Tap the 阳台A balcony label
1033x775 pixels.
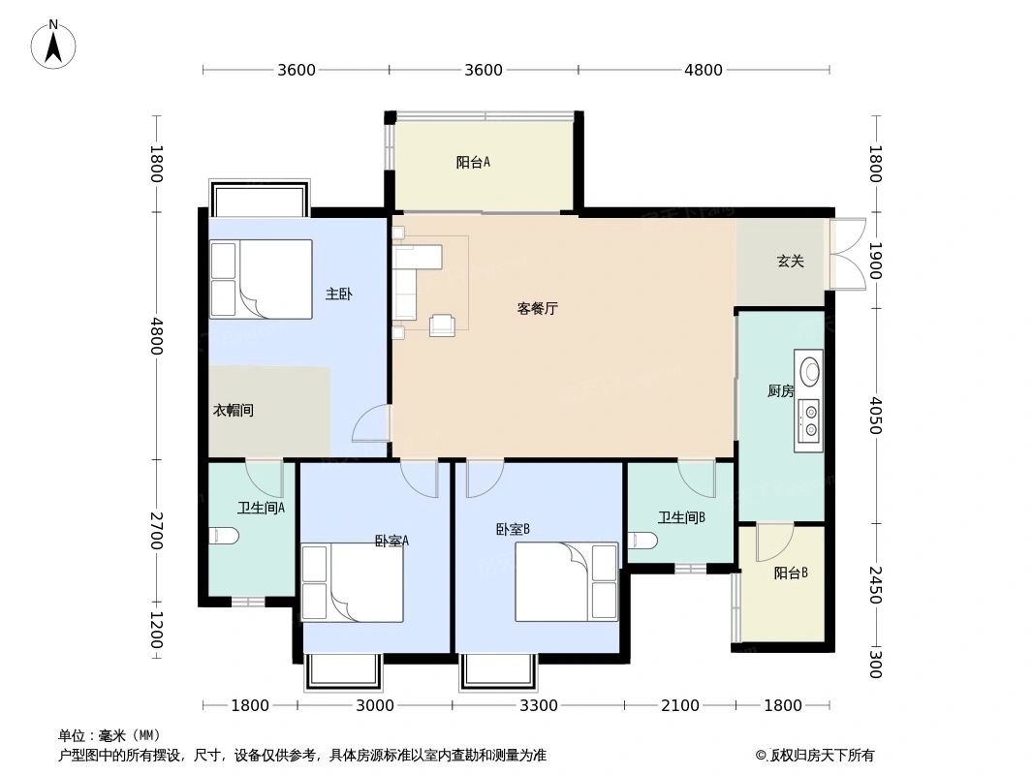pyautogui.click(x=473, y=163)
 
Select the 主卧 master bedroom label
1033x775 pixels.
pyautogui.click(x=338, y=294)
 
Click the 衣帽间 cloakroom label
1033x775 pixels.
pyautogui.click(x=234, y=411)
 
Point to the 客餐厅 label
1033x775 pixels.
pyautogui.click(x=537, y=309)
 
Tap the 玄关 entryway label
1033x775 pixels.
pyautogui.click(x=790, y=262)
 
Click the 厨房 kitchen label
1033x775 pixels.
pyautogui.click(x=780, y=391)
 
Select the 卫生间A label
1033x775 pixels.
pyautogui.click(x=261, y=508)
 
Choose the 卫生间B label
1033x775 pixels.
pyautogui.click(x=681, y=517)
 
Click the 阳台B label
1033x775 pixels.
pyautogui.click(x=791, y=573)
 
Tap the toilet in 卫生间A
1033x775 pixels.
pyautogui.click(x=223, y=535)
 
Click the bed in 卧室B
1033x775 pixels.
pyautogui.click(x=566, y=581)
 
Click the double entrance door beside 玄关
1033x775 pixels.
pyautogui.click(x=846, y=255)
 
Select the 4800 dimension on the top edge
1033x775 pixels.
pyautogui.click(x=704, y=70)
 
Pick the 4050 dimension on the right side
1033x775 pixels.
pyautogui.click(x=874, y=416)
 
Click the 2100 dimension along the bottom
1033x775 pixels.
pyautogui.click(x=680, y=706)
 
